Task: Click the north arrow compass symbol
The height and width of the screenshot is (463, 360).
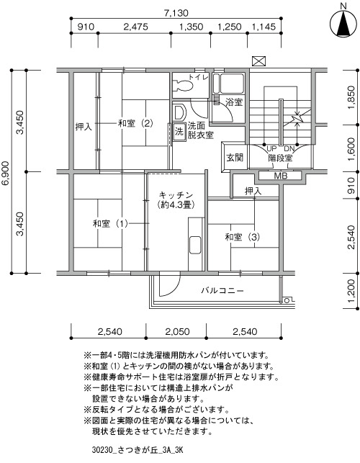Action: click(x=343, y=23)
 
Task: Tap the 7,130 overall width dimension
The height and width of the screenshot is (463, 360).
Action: click(x=176, y=13)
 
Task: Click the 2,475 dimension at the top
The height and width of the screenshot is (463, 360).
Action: click(x=135, y=27)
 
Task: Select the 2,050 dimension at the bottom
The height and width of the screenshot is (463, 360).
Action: click(x=177, y=332)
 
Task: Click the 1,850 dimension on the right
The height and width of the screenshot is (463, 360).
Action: click(x=351, y=97)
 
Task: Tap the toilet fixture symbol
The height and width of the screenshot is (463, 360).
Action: click(x=183, y=86)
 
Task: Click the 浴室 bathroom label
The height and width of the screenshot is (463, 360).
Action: click(x=234, y=102)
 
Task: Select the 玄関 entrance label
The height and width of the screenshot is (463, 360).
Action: click(x=235, y=158)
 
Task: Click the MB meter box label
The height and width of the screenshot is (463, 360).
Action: click(x=281, y=176)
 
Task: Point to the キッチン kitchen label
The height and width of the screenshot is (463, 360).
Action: click(x=176, y=195)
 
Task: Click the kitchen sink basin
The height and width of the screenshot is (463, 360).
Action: click(x=195, y=245)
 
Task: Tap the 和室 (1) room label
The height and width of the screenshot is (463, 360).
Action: click(x=110, y=223)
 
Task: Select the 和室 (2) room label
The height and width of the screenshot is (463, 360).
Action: click(x=135, y=123)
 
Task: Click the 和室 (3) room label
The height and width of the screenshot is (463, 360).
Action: click(x=243, y=237)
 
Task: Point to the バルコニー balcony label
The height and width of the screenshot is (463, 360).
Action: click(x=222, y=291)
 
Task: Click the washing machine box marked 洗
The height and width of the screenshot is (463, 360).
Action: click(x=179, y=131)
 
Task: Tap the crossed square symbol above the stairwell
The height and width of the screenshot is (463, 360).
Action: click(x=259, y=61)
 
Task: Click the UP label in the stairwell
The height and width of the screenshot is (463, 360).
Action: click(x=271, y=148)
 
